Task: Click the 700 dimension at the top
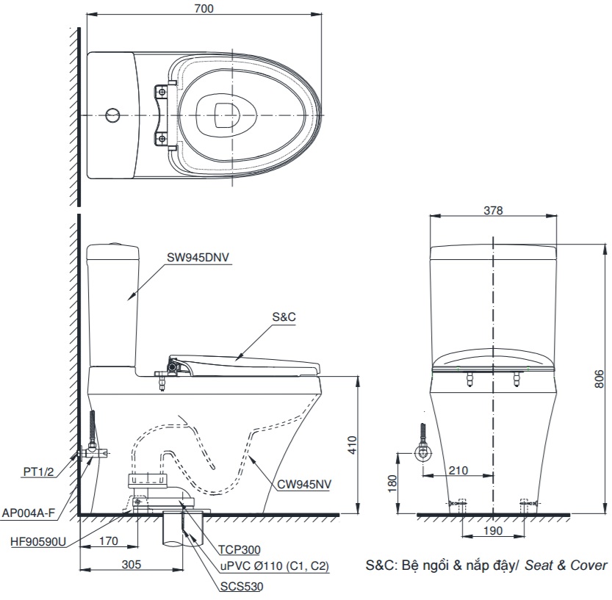(x=205, y=8)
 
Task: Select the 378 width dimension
(x=494, y=210)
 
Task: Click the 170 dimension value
(x=108, y=542)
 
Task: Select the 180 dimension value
(x=392, y=482)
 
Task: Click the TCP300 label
(x=239, y=549)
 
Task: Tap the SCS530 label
(x=241, y=586)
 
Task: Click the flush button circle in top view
(x=112, y=116)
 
